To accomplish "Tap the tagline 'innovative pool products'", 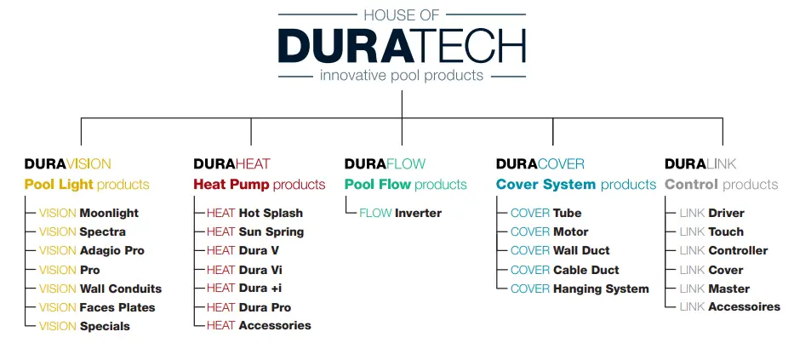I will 402,76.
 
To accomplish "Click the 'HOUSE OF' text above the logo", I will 401,14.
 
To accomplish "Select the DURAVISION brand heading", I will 67,163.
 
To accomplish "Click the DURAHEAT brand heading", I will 231,163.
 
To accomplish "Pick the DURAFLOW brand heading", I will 385,163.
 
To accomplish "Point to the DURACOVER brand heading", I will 540,163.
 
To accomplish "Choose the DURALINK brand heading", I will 700,163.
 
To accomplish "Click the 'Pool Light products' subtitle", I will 87,185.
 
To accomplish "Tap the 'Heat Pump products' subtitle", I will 260,185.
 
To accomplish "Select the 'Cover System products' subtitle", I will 576,185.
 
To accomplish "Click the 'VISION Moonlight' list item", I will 89,213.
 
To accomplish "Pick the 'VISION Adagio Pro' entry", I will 92,251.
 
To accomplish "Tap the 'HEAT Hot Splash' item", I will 254,213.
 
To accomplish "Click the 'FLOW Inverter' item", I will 400,213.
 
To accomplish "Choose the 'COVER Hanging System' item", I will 580,289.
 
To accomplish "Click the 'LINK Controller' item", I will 723,251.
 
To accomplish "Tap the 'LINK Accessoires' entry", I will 729,307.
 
